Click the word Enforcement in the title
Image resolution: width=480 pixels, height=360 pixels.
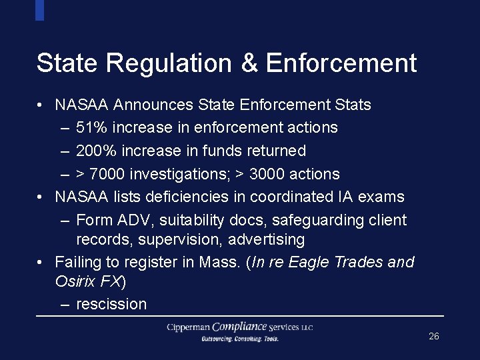341,63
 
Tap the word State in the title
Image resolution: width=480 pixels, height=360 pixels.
67,63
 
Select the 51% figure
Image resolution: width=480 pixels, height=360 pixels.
91,127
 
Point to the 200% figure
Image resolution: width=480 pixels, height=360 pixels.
95,151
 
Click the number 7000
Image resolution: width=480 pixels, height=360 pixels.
107,175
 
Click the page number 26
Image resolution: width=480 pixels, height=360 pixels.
434,337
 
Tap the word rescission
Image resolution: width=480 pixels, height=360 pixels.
111,304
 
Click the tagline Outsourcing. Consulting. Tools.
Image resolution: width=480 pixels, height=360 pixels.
240,339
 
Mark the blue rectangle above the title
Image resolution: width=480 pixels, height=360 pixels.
39,10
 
